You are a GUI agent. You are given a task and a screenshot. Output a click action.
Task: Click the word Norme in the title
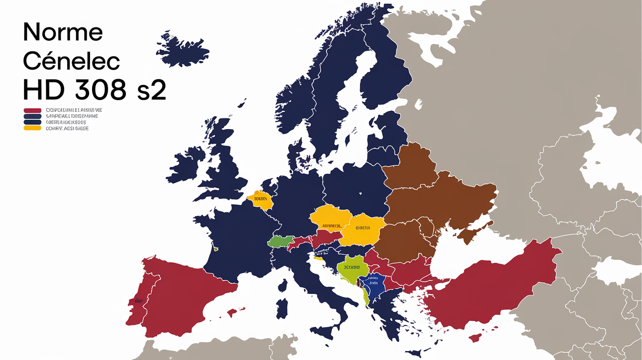(63, 33)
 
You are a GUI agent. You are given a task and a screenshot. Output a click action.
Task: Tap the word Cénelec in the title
(71, 62)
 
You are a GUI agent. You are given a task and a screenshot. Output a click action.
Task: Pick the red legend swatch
(32, 111)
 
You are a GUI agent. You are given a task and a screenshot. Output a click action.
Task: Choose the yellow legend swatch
(32, 128)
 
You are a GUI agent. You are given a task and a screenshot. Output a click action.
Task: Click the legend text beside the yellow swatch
(67, 128)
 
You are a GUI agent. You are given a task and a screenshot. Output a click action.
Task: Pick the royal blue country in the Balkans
(372, 286)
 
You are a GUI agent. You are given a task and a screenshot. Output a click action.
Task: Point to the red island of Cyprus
(475, 337)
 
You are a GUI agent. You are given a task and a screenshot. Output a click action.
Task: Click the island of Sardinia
(282, 308)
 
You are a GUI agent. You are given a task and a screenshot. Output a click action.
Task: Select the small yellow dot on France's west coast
(215, 248)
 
